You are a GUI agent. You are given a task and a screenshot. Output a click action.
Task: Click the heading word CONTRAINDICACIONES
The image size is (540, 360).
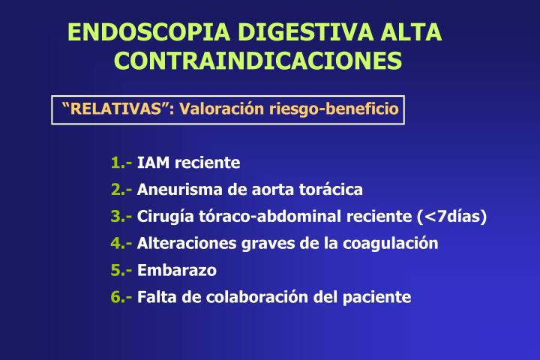click(x=258, y=60)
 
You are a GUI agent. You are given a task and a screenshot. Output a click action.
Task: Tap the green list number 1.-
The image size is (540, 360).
click(x=121, y=163)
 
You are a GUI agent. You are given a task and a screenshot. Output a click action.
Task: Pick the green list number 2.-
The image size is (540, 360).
click(x=121, y=190)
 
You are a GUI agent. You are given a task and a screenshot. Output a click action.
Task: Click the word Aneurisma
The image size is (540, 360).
click(x=174, y=190)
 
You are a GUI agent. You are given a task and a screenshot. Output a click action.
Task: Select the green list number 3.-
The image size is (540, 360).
click(x=121, y=217)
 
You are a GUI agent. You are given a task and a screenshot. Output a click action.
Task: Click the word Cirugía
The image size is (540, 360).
click(x=163, y=217)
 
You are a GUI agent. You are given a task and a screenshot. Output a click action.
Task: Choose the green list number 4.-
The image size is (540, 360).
click(x=121, y=243)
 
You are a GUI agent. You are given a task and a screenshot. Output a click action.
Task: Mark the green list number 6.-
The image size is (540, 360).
click(x=121, y=297)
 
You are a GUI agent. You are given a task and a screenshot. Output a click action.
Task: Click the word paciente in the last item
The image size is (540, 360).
click(x=378, y=298)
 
